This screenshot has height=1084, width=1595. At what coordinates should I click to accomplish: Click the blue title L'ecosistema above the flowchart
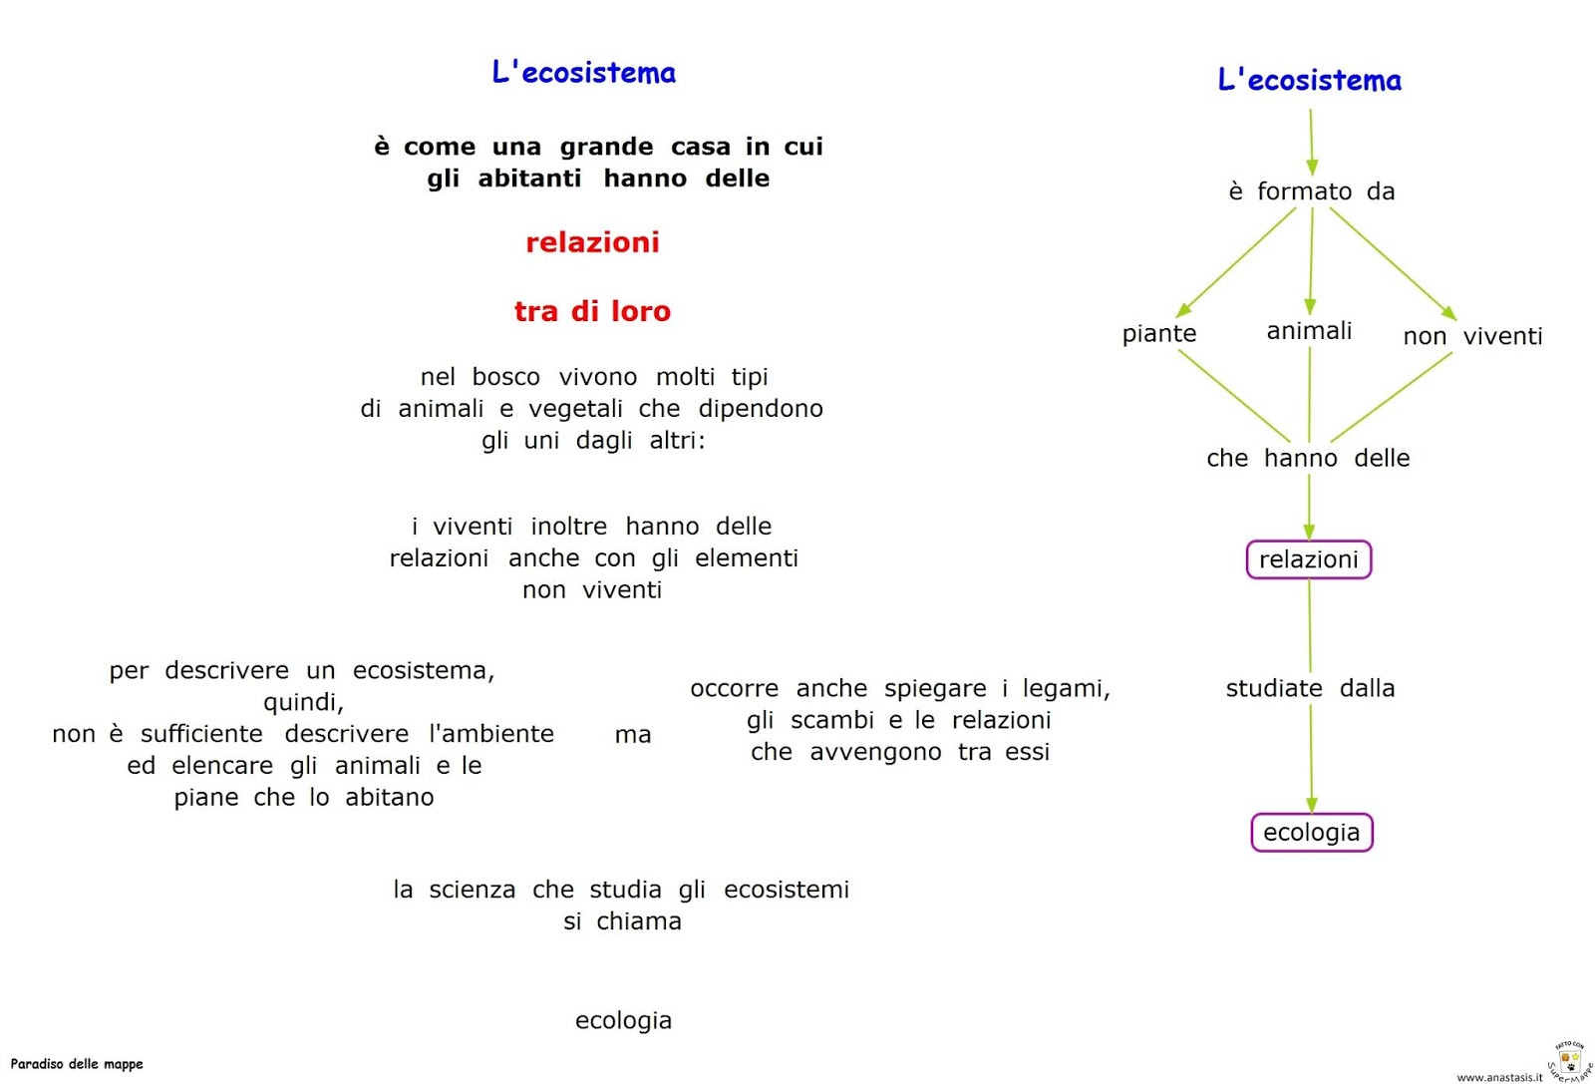click(x=1309, y=80)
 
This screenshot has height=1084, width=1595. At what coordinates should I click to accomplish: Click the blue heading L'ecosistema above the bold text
click(x=583, y=73)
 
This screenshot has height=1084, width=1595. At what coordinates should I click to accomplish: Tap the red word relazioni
click(x=592, y=242)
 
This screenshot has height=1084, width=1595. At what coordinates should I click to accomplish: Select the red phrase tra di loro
click(x=592, y=311)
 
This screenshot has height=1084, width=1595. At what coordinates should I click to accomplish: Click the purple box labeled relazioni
click(x=1308, y=559)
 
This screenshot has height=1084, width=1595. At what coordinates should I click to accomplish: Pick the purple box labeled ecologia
click(x=1311, y=833)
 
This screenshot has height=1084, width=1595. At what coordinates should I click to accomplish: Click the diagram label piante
click(x=1158, y=334)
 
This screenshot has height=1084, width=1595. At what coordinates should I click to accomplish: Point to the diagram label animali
click(x=1309, y=331)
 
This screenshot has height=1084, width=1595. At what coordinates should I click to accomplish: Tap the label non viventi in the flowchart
click(x=1471, y=337)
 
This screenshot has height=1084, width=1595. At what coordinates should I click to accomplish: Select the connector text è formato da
click(x=1311, y=191)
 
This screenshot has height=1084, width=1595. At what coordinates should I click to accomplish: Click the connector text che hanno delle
click(x=1308, y=459)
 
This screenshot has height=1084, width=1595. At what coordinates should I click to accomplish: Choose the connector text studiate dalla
click(x=1310, y=688)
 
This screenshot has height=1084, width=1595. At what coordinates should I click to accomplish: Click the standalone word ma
click(x=633, y=735)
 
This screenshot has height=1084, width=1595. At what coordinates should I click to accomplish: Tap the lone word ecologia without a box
click(x=623, y=1020)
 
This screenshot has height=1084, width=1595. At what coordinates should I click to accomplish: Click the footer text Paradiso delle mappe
click(x=77, y=1064)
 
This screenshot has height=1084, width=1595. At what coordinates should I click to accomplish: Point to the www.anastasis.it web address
click(x=1498, y=1077)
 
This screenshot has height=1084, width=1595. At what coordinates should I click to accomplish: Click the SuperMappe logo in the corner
click(x=1569, y=1060)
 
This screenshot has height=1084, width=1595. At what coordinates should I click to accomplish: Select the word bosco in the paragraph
click(x=505, y=377)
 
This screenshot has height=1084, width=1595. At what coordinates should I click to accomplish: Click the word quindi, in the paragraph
click(x=303, y=703)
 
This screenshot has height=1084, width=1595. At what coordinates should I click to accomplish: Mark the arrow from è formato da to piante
click(x=1236, y=261)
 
